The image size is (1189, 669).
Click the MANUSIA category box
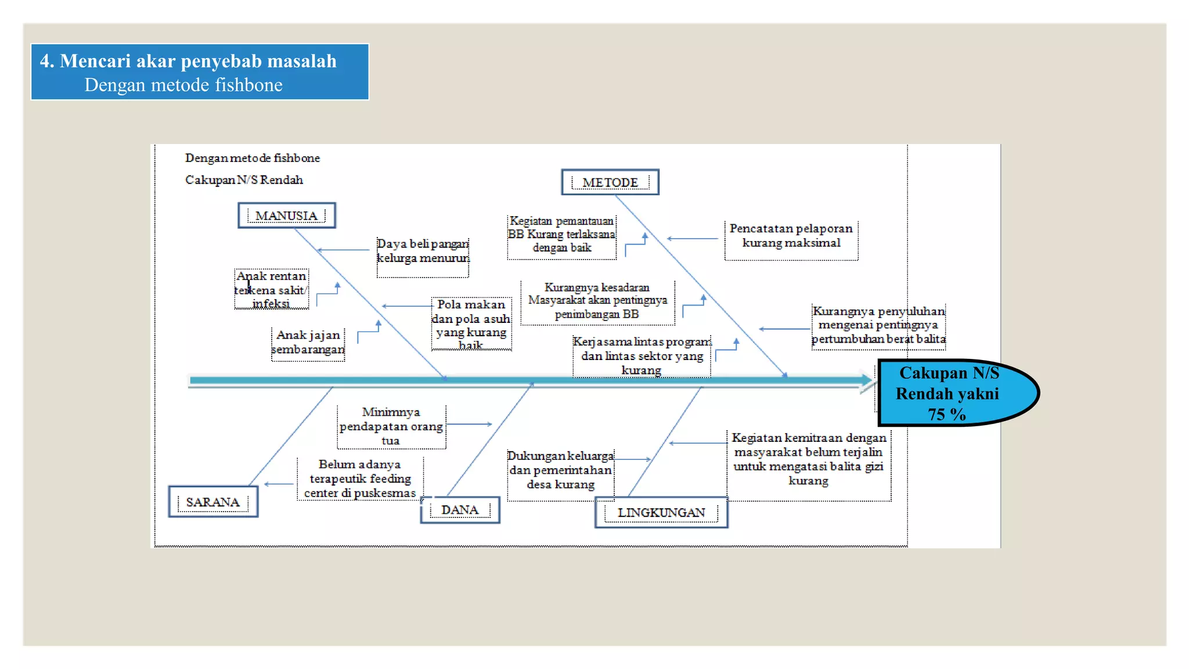286,215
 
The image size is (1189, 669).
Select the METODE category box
610,182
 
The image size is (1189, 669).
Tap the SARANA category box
212,502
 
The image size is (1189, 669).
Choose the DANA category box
460,510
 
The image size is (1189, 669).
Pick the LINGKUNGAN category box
661,512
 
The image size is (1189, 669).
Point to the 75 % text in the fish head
946,414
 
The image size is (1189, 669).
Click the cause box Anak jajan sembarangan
308,343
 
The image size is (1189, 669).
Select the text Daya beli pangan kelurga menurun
422,251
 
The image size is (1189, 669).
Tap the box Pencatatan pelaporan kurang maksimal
791,236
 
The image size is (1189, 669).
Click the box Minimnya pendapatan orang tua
391,426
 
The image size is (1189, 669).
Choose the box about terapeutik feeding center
360,479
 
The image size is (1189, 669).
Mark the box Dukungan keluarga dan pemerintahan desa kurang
560,470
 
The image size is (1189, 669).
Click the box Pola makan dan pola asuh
471,325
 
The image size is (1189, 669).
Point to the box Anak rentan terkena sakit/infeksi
271,289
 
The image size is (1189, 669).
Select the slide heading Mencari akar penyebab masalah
188,61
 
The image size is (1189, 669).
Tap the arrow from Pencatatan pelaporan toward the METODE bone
693,239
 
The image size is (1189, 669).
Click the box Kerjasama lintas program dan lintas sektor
642,355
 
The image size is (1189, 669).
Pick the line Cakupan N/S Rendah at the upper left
244,180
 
